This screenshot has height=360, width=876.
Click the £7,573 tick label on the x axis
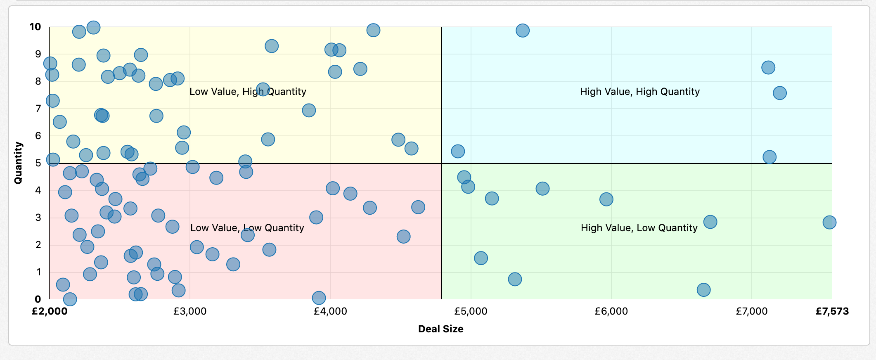point(832,311)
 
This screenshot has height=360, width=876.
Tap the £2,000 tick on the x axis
point(50,311)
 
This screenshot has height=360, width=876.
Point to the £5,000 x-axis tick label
point(471,311)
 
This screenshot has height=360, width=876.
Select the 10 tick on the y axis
point(36,27)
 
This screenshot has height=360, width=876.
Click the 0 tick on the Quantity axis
point(38,299)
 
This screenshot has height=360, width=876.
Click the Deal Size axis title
point(440,329)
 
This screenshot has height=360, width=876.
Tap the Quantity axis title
point(19,163)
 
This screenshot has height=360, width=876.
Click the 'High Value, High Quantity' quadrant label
point(639,92)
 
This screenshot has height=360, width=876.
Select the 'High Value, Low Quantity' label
point(639,228)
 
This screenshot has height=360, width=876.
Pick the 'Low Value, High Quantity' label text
point(248,92)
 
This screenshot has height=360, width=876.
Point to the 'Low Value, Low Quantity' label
point(247,228)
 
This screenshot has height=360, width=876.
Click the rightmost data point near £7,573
point(829,223)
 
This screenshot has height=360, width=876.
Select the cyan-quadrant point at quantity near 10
point(522,31)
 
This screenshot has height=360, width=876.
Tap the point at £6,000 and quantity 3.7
point(606,199)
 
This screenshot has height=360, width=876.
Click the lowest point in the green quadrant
point(703,290)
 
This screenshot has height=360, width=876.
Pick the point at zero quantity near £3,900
point(318,298)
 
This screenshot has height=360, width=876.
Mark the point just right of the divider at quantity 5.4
point(457,152)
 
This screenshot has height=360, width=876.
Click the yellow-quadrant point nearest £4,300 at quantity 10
point(373,30)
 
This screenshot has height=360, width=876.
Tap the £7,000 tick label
point(751,311)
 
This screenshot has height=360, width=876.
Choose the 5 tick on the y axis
point(38,163)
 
